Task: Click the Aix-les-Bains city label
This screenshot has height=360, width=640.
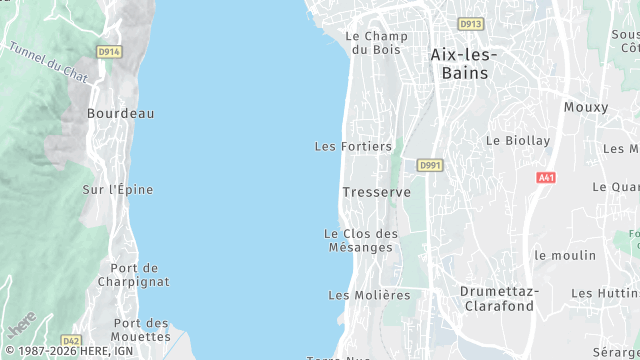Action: [x=466, y=63]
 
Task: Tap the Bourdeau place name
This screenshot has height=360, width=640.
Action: [x=120, y=114]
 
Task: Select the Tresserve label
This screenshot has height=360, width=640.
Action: [x=369, y=191]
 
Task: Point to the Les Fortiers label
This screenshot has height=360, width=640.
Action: [x=353, y=147]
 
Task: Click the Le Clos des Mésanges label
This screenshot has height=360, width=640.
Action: [x=361, y=240]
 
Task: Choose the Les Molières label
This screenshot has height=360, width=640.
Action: [x=369, y=295]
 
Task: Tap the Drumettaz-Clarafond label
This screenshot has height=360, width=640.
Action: [x=499, y=298]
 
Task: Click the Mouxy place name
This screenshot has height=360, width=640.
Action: [x=585, y=107]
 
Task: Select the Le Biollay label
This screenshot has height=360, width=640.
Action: [x=518, y=141]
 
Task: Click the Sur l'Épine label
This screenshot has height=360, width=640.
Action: [x=118, y=189]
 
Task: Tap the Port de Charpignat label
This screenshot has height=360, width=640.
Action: [x=134, y=275]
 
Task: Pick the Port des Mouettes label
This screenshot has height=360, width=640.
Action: [x=140, y=329]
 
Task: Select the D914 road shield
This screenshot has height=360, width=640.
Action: [x=109, y=51]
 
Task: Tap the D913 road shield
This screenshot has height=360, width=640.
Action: [x=470, y=24]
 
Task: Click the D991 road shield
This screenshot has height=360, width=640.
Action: [x=430, y=165]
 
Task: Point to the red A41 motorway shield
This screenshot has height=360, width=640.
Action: [x=545, y=178]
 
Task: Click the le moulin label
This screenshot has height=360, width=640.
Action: [x=564, y=256]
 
